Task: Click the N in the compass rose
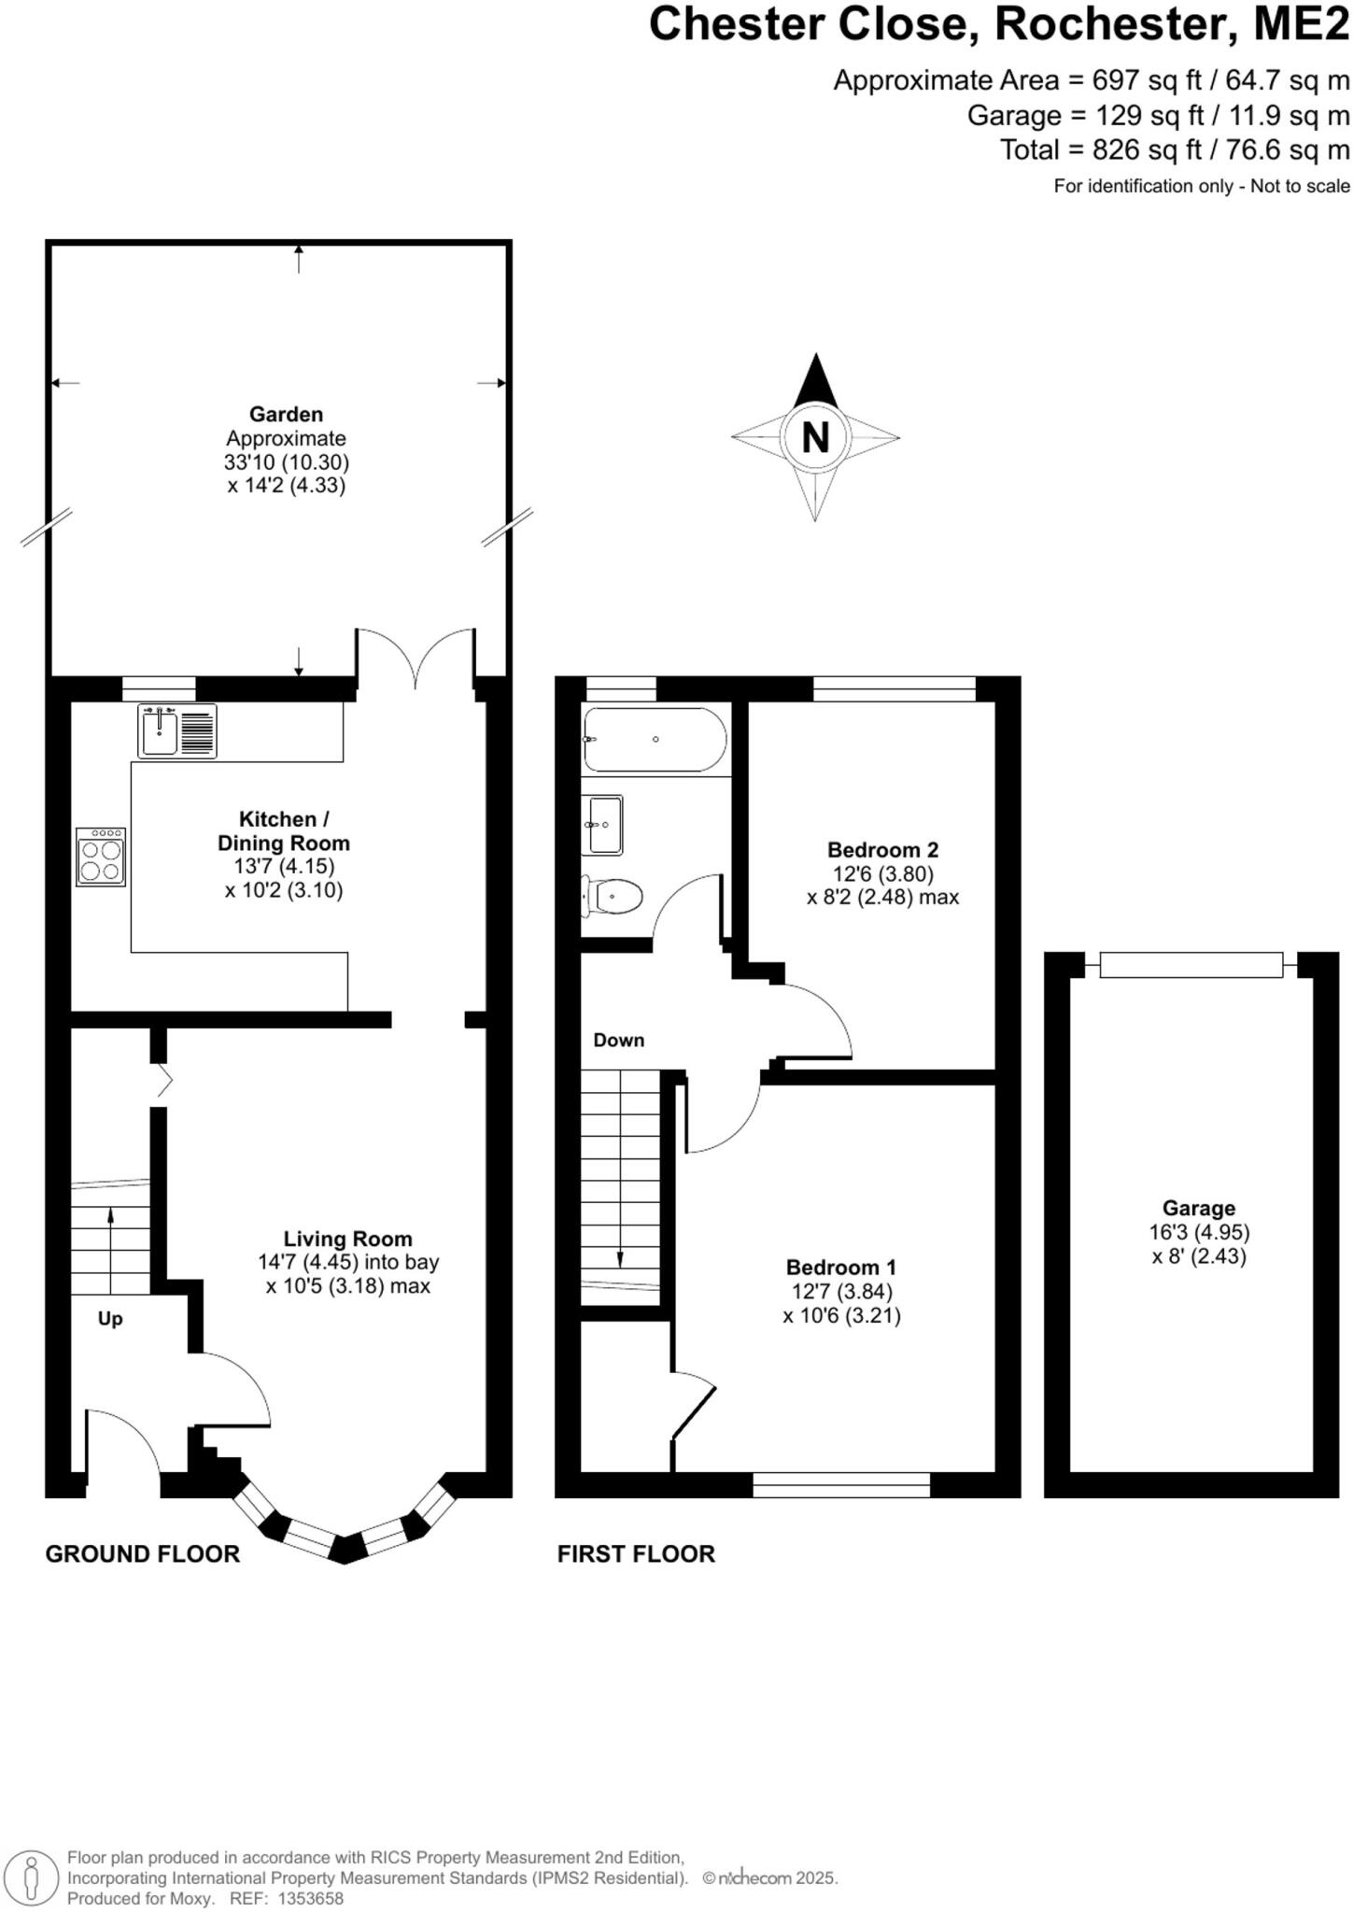(815, 436)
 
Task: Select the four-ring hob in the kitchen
(101, 857)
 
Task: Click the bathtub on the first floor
(655, 739)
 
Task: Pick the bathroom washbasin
(605, 825)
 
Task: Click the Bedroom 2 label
(882, 849)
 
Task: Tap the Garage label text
(1198, 1208)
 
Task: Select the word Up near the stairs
(110, 1319)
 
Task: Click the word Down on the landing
(618, 1040)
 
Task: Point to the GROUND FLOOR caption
(143, 1553)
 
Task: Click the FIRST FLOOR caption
(636, 1553)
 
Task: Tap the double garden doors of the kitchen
(416, 659)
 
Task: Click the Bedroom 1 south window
(841, 1484)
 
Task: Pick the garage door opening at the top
(1191, 964)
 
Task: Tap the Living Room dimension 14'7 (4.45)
(307, 1262)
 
